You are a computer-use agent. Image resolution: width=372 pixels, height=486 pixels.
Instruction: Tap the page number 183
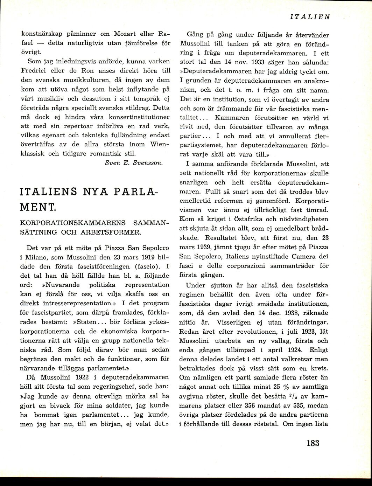tap(313, 443)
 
